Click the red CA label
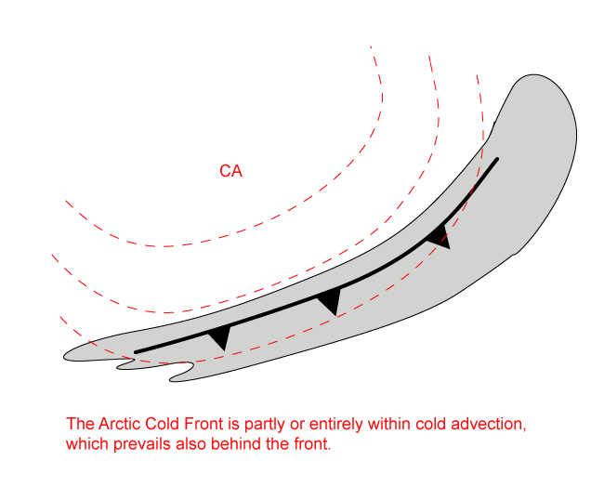tap(230, 172)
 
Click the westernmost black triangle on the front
tap(219, 337)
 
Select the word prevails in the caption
tap(139, 444)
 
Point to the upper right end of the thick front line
tap(497, 160)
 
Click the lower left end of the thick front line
tap(137, 351)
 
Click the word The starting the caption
tap(80, 425)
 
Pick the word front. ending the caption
tap(308, 444)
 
